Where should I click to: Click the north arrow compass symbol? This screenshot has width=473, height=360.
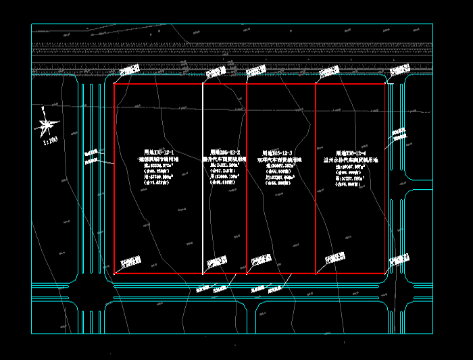tap(47, 124)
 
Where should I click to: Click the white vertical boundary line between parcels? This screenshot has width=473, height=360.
tap(203, 203)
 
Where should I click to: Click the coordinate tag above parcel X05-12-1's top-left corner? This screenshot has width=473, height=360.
tap(129, 70)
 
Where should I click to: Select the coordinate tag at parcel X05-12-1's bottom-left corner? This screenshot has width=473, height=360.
tap(130, 260)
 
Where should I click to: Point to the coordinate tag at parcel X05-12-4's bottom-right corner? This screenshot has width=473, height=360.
tap(399, 259)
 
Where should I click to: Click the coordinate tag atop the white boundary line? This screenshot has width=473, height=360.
tap(215, 70)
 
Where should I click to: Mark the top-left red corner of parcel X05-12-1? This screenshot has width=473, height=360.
tap(114, 84)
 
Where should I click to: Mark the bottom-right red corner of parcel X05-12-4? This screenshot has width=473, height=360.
tap(386, 274)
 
